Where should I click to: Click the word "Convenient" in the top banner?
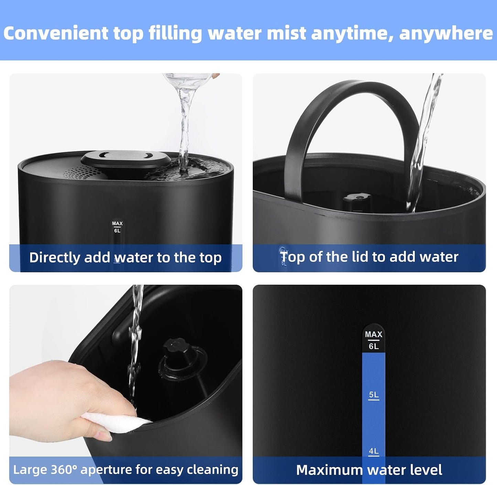pyautogui.click(x=56, y=33)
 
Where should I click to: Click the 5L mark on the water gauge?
pyautogui.click(x=374, y=395)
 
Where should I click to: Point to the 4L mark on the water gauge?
pyautogui.click(x=374, y=452)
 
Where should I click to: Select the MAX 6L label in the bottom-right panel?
pyautogui.click(x=374, y=340)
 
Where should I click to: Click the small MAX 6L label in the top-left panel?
pyautogui.click(x=117, y=227)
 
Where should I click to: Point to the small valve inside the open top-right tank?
pyautogui.click(x=357, y=202)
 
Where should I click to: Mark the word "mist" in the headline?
pyautogui.click(x=287, y=33)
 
